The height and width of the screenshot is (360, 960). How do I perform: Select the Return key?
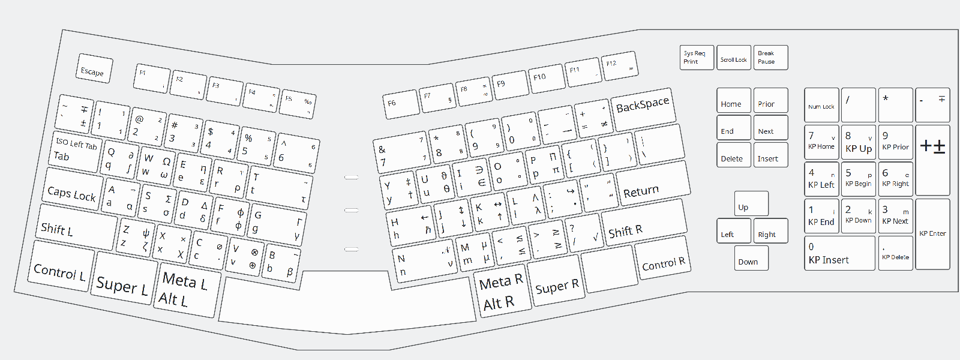653,185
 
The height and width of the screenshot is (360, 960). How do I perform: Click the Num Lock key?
821,105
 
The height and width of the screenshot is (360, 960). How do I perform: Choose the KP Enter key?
932,234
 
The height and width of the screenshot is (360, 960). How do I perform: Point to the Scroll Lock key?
734,58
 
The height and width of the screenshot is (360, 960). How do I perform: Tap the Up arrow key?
751,203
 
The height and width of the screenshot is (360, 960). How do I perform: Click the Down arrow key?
751,258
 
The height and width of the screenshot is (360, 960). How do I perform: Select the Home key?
734,100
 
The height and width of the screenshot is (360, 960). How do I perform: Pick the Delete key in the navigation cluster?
734,155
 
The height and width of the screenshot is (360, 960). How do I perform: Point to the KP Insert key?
839,253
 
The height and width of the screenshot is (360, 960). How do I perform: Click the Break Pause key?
770,58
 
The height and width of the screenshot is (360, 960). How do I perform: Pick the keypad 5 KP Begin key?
859,178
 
